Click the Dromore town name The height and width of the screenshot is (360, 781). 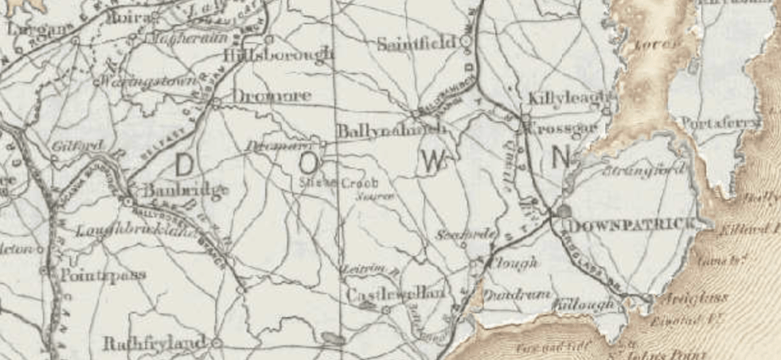[x=261, y=96]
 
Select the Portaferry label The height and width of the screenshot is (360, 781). [x=721, y=122]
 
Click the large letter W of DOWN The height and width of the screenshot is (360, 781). [x=433, y=161]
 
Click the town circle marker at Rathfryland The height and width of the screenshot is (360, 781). [x=216, y=342]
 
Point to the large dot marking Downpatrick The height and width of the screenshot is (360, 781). [x=565, y=210]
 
